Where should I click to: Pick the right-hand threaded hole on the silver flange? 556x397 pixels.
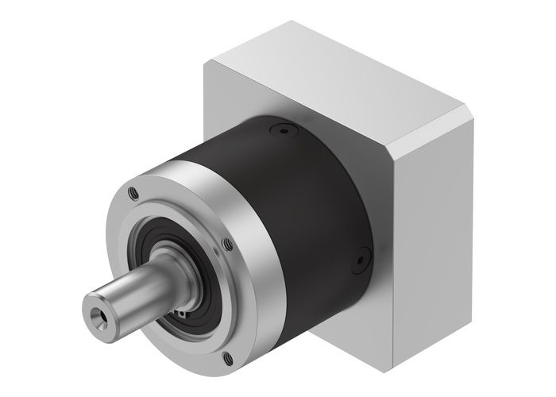pyautogui.click(x=228, y=243)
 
